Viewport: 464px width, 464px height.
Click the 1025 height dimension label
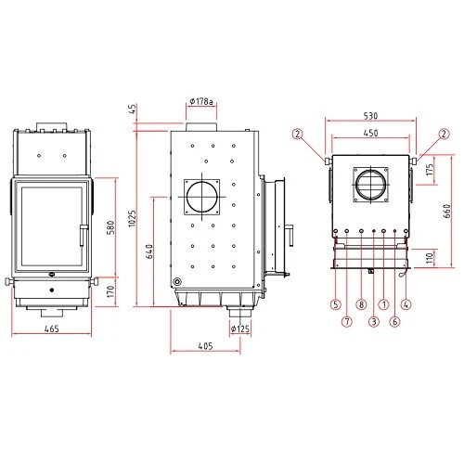[x=132, y=218]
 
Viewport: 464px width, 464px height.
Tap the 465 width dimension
[x=51, y=329]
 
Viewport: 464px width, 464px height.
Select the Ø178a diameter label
[x=201, y=101]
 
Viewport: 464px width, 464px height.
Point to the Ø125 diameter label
[x=240, y=329]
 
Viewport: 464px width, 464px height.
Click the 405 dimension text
[x=205, y=346]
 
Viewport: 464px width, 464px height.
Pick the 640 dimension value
[x=149, y=251]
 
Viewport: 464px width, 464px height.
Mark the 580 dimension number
[x=110, y=227]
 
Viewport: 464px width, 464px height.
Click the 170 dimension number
[x=110, y=291]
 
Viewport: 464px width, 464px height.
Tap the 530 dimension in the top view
[x=370, y=116]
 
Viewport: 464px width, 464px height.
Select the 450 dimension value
[x=370, y=133]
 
